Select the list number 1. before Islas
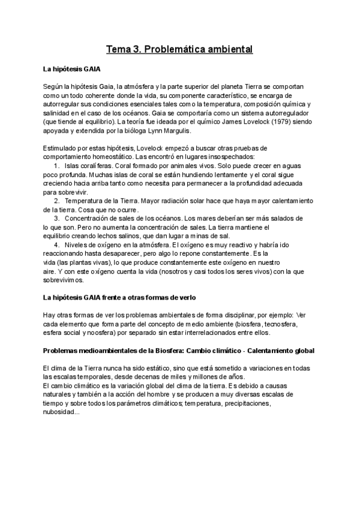coord(57,166)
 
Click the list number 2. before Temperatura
coord(57,200)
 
